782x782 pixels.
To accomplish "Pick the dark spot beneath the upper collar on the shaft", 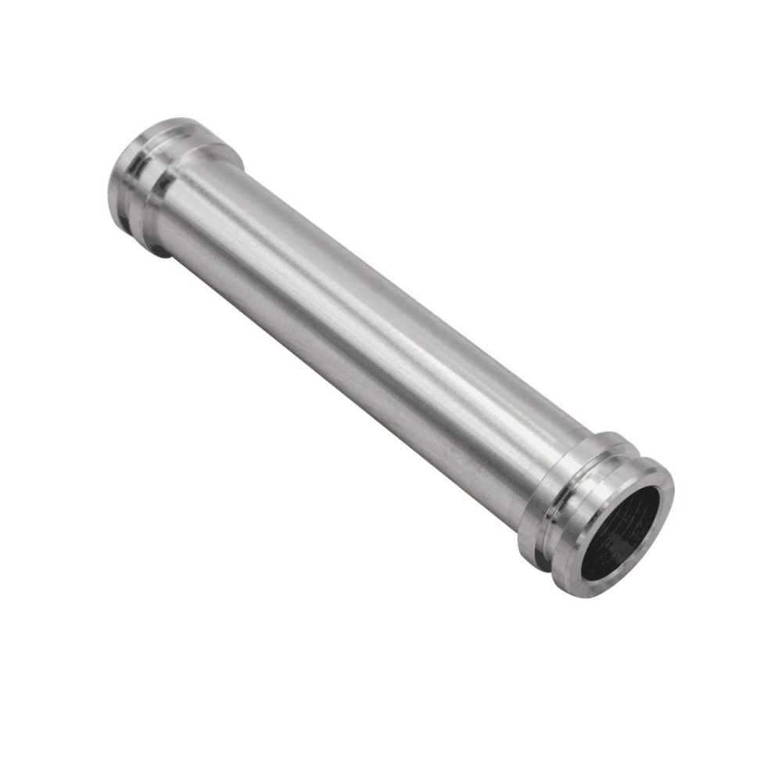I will (160, 250).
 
